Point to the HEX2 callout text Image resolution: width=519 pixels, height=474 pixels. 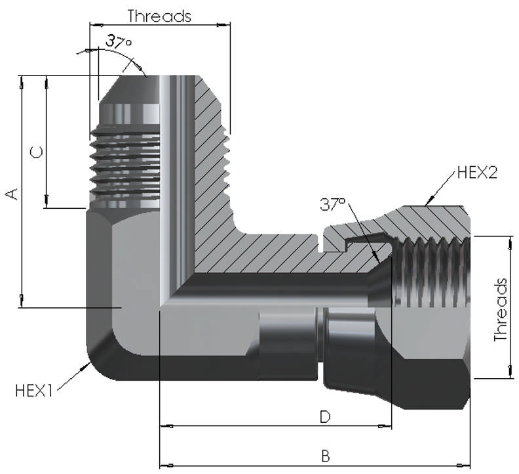pos(477,173)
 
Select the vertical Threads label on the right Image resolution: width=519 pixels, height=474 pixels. pos(501,309)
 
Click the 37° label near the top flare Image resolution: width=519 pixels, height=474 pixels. pos(118,42)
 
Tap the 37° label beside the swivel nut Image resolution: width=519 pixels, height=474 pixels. pos(333,204)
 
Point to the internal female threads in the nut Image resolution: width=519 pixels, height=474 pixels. pos(432,272)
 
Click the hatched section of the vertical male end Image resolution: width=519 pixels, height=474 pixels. pos(210,151)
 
